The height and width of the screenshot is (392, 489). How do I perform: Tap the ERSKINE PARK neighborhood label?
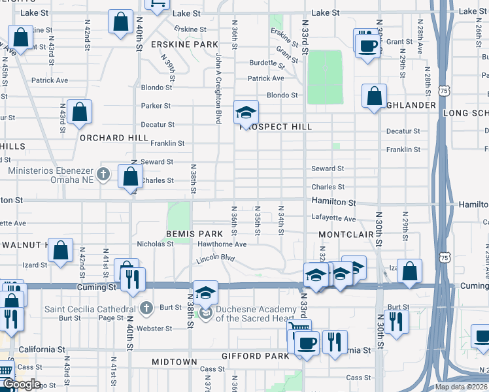click(184, 44)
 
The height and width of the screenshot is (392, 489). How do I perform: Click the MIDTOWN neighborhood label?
click(174, 362)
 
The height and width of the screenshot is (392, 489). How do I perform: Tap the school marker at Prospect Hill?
click(246, 112)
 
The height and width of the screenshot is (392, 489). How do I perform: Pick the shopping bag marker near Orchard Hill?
click(79, 112)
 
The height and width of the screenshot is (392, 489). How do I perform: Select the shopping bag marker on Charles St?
click(130, 175)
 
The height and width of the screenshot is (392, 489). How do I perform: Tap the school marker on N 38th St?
click(205, 292)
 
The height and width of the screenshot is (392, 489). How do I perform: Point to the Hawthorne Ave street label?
click(224, 244)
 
